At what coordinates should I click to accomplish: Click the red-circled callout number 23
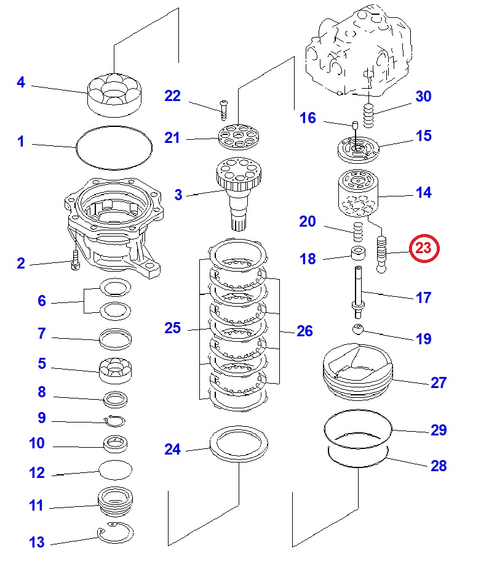(x=425, y=248)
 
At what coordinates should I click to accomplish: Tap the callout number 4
(x=21, y=82)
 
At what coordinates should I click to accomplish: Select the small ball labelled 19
(x=359, y=329)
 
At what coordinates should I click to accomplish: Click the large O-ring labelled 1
(x=114, y=148)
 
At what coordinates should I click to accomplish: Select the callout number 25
(x=173, y=328)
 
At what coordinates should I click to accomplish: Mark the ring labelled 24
(x=241, y=443)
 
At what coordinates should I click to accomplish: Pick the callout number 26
(x=304, y=331)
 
